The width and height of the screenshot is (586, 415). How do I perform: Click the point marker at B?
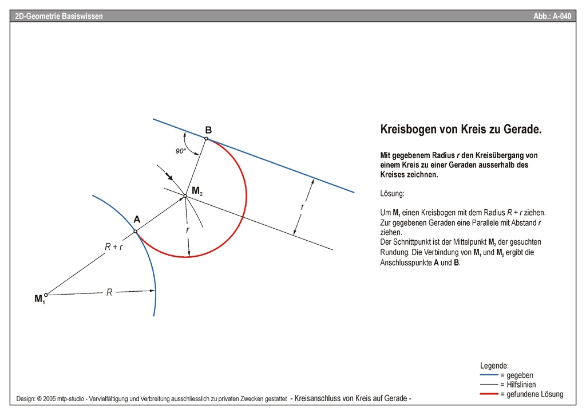point(207,138)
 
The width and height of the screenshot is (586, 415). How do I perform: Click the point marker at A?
point(136,231)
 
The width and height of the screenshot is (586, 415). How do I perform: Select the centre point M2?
point(185,196)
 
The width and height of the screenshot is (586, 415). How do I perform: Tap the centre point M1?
point(46,295)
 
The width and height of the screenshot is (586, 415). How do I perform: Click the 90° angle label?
point(181,151)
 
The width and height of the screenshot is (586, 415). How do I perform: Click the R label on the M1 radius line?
point(109,292)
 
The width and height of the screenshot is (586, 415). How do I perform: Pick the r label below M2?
point(187,229)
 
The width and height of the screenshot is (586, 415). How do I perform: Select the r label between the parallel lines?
point(303,207)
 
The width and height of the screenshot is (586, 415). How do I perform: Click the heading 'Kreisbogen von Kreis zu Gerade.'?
point(461,130)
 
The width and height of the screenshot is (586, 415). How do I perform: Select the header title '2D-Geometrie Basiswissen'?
point(59,16)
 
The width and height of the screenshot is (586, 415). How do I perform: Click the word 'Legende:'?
point(494,365)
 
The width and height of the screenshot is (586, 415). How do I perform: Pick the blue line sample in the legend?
point(489,375)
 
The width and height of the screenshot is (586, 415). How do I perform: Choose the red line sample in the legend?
point(489,394)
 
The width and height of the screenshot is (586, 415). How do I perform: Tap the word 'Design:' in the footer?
point(27,398)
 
